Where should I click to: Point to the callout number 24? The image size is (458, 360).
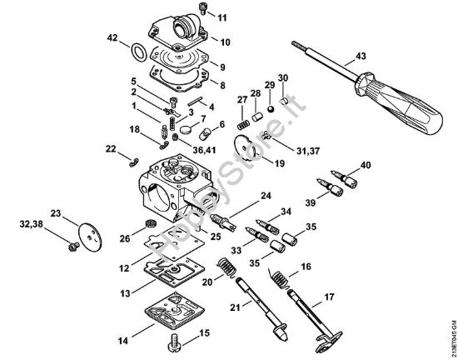266,196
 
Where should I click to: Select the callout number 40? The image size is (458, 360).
364,166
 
